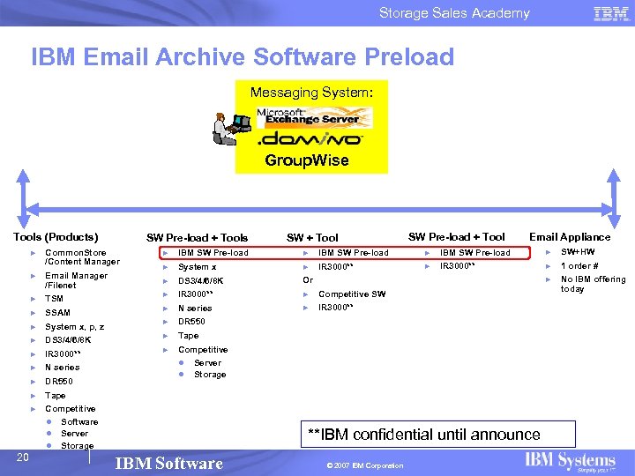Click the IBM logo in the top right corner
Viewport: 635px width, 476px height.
tap(611, 13)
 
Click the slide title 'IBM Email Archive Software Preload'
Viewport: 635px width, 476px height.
tap(243, 58)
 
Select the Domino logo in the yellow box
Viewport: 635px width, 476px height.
tap(309, 138)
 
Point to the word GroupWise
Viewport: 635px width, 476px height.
tap(307, 160)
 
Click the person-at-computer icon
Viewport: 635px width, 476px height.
tap(230, 129)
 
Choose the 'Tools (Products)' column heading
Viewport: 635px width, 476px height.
tap(56, 237)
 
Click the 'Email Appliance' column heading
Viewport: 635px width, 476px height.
tap(569, 237)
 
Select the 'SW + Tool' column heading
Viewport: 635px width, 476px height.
tap(312, 238)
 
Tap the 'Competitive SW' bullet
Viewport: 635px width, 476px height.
tap(352, 294)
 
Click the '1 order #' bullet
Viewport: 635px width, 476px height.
tap(579, 266)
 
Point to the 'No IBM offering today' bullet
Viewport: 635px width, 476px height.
tap(593, 284)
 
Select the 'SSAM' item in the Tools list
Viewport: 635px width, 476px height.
tap(57, 313)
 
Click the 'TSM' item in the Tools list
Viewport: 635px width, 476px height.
tap(54, 299)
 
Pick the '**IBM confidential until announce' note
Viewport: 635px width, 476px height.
tap(423, 434)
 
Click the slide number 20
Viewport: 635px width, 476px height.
tap(24, 455)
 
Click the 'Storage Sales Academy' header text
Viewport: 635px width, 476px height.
tap(454, 13)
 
